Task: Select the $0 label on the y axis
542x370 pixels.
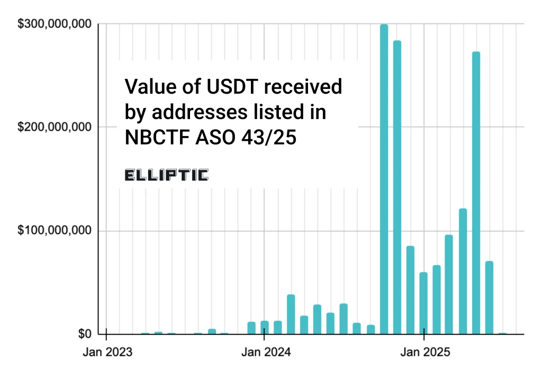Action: [x=85, y=334]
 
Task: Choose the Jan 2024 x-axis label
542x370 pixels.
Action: [x=264, y=351]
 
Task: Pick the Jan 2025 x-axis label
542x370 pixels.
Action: [x=424, y=351]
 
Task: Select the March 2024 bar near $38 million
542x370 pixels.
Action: [x=291, y=314]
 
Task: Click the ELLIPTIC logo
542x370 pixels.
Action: [x=166, y=175]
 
